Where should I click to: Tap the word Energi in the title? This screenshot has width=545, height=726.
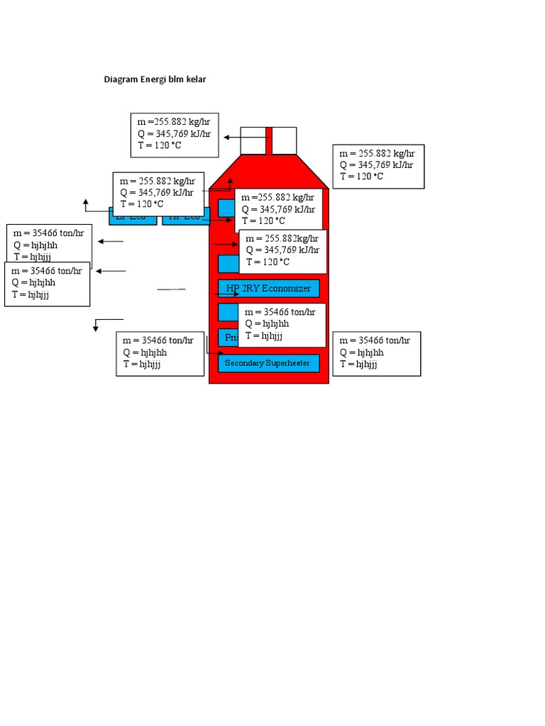pyautogui.click(x=153, y=79)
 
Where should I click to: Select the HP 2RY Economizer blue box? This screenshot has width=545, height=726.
pyautogui.click(x=269, y=289)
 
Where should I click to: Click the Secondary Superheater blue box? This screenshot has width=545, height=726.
pyautogui.click(x=269, y=364)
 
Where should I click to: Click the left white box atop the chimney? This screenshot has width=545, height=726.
pyautogui.click(x=253, y=140)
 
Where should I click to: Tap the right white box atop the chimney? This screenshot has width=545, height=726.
pyautogui.click(x=284, y=140)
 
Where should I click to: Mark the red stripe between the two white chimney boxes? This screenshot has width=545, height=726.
pyautogui.click(x=269, y=140)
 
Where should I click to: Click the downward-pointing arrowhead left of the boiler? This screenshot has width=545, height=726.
pyautogui.click(x=96, y=328)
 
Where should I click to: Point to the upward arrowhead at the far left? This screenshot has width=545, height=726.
pyautogui.click(x=86, y=201)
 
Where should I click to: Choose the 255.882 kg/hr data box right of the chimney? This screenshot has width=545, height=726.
pyautogui.click(x=378, y=167)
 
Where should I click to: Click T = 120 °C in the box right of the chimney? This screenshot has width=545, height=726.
pyautogui.click(x=361, y=177)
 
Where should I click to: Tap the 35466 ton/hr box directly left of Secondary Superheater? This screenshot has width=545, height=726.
pyautogui.click(x=160, y=353)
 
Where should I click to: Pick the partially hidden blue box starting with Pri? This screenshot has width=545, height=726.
pyautogui.click(x=227, y=337)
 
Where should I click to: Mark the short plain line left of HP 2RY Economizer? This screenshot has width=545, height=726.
pyautogui.click(x=171, y=289)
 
